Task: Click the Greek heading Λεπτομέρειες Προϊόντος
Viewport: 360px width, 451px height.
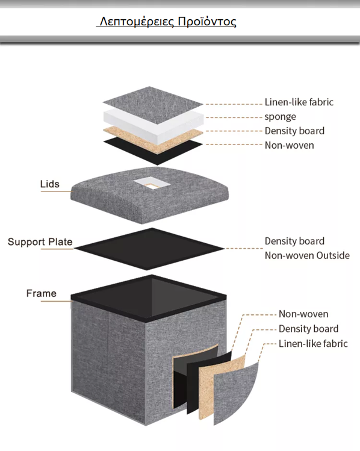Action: [168, 22]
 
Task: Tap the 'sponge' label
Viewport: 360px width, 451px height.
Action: [280, 117]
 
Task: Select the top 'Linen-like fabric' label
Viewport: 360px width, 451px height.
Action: [299, 102]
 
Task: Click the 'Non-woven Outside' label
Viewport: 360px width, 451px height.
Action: [307, 255]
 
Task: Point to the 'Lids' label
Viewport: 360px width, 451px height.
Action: [50, 184]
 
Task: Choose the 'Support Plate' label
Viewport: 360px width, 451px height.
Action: [40, 242]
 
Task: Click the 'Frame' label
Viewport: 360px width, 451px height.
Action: [42, 293]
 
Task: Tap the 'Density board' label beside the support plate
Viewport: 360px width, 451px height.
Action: [294, 241]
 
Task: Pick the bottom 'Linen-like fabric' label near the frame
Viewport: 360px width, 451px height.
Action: [313, 343]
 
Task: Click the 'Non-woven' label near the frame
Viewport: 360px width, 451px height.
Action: [303, 314]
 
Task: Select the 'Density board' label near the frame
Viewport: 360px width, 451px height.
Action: [309, 329]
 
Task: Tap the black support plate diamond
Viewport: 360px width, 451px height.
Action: [149, 249]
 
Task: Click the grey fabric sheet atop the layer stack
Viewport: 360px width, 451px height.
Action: [153, 105]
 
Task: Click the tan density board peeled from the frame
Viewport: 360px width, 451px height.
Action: [222, 385]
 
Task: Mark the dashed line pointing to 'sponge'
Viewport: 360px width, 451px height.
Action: [234, 117]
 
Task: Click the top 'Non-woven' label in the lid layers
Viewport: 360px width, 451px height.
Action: [290, 145]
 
